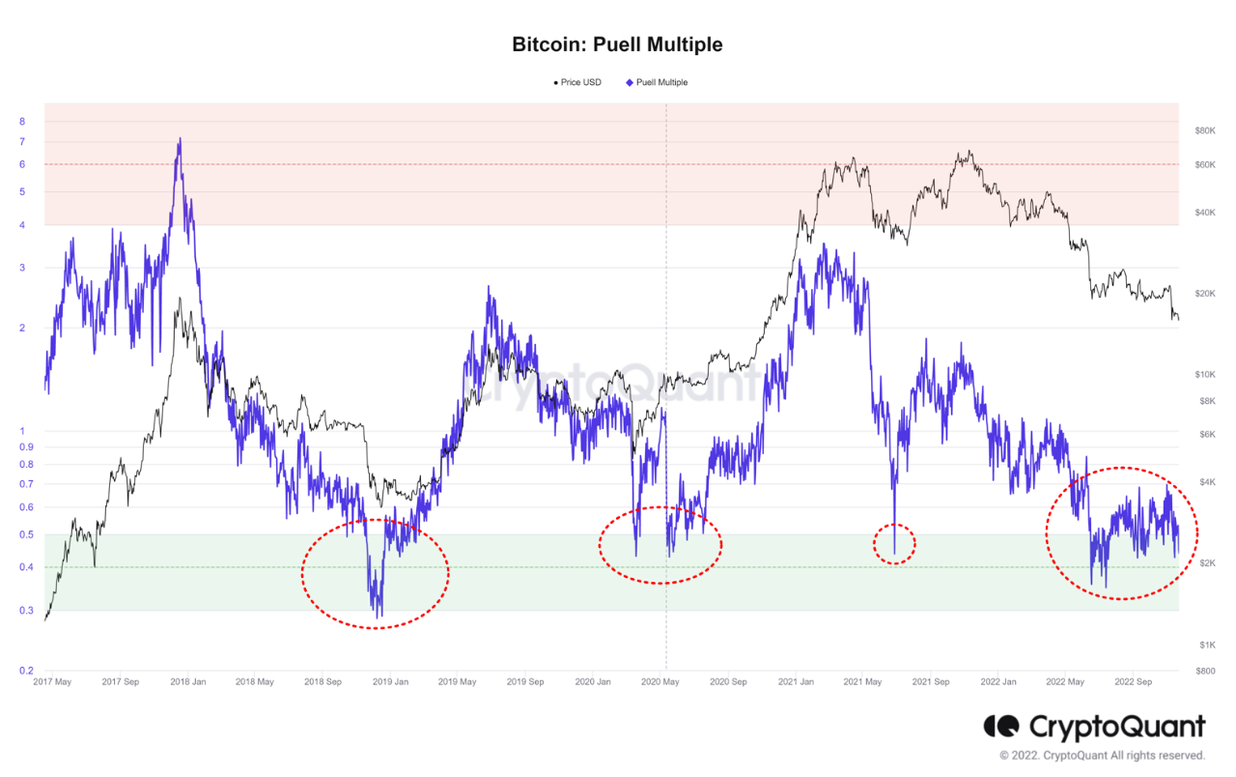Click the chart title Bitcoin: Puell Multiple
[617, 44]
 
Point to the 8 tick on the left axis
[21, 122]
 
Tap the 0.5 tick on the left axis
[26, 534]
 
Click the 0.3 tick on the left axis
[26, 610]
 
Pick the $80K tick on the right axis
[1204, 130]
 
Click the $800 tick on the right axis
[1204, 671]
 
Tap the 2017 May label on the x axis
[52, 681]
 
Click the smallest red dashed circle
[894, 544]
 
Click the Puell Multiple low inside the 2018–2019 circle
[378, 615]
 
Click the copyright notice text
[1102, 756]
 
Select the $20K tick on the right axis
[1204, 294]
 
